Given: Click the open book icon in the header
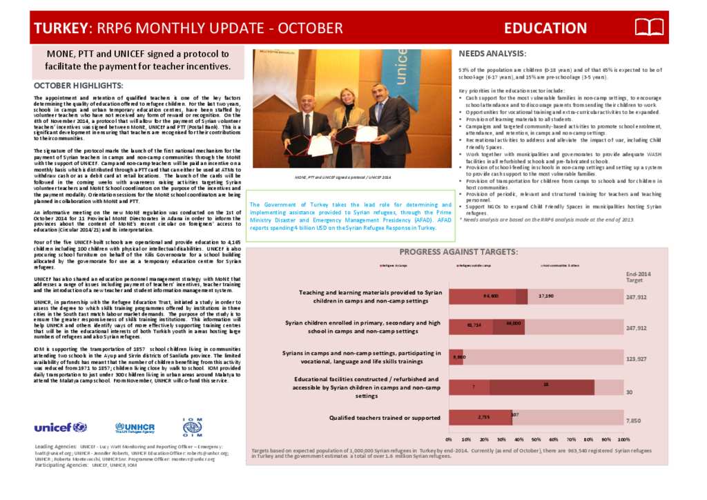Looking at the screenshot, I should click(649, 28).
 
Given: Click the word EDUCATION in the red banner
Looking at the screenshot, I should click(545, 28).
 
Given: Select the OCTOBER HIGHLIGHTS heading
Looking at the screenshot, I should click(78, 86).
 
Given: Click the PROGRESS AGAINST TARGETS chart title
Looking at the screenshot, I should click(458, 251).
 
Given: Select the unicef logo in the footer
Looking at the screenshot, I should click(60, 427).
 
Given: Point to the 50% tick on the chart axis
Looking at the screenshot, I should click(536, 439).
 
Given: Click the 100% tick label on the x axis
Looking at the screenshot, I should click(623, 439).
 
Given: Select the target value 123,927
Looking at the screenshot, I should click(636, 359).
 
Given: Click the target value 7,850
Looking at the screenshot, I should click(634, 420).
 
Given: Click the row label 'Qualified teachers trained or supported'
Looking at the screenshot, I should click(385, 418).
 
